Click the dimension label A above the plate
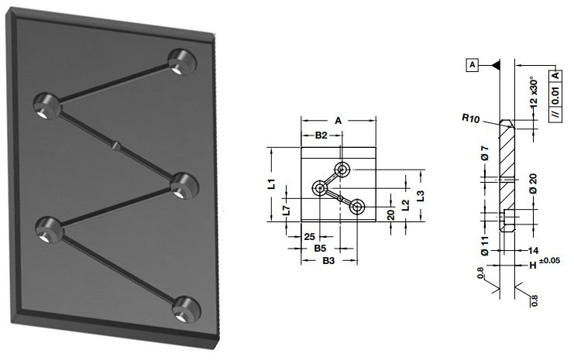click(x=338, y=120)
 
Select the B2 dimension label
click(x=321, y=135)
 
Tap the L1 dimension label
click(x=272, y=183)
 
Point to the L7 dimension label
click(x=287, y=210)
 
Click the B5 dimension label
click(x=320, y=249)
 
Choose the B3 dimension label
click(x=328, y=261)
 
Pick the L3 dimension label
click(x=421, y=196)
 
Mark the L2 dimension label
click(x=406, y=205)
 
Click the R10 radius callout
click(x=470, y=118)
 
